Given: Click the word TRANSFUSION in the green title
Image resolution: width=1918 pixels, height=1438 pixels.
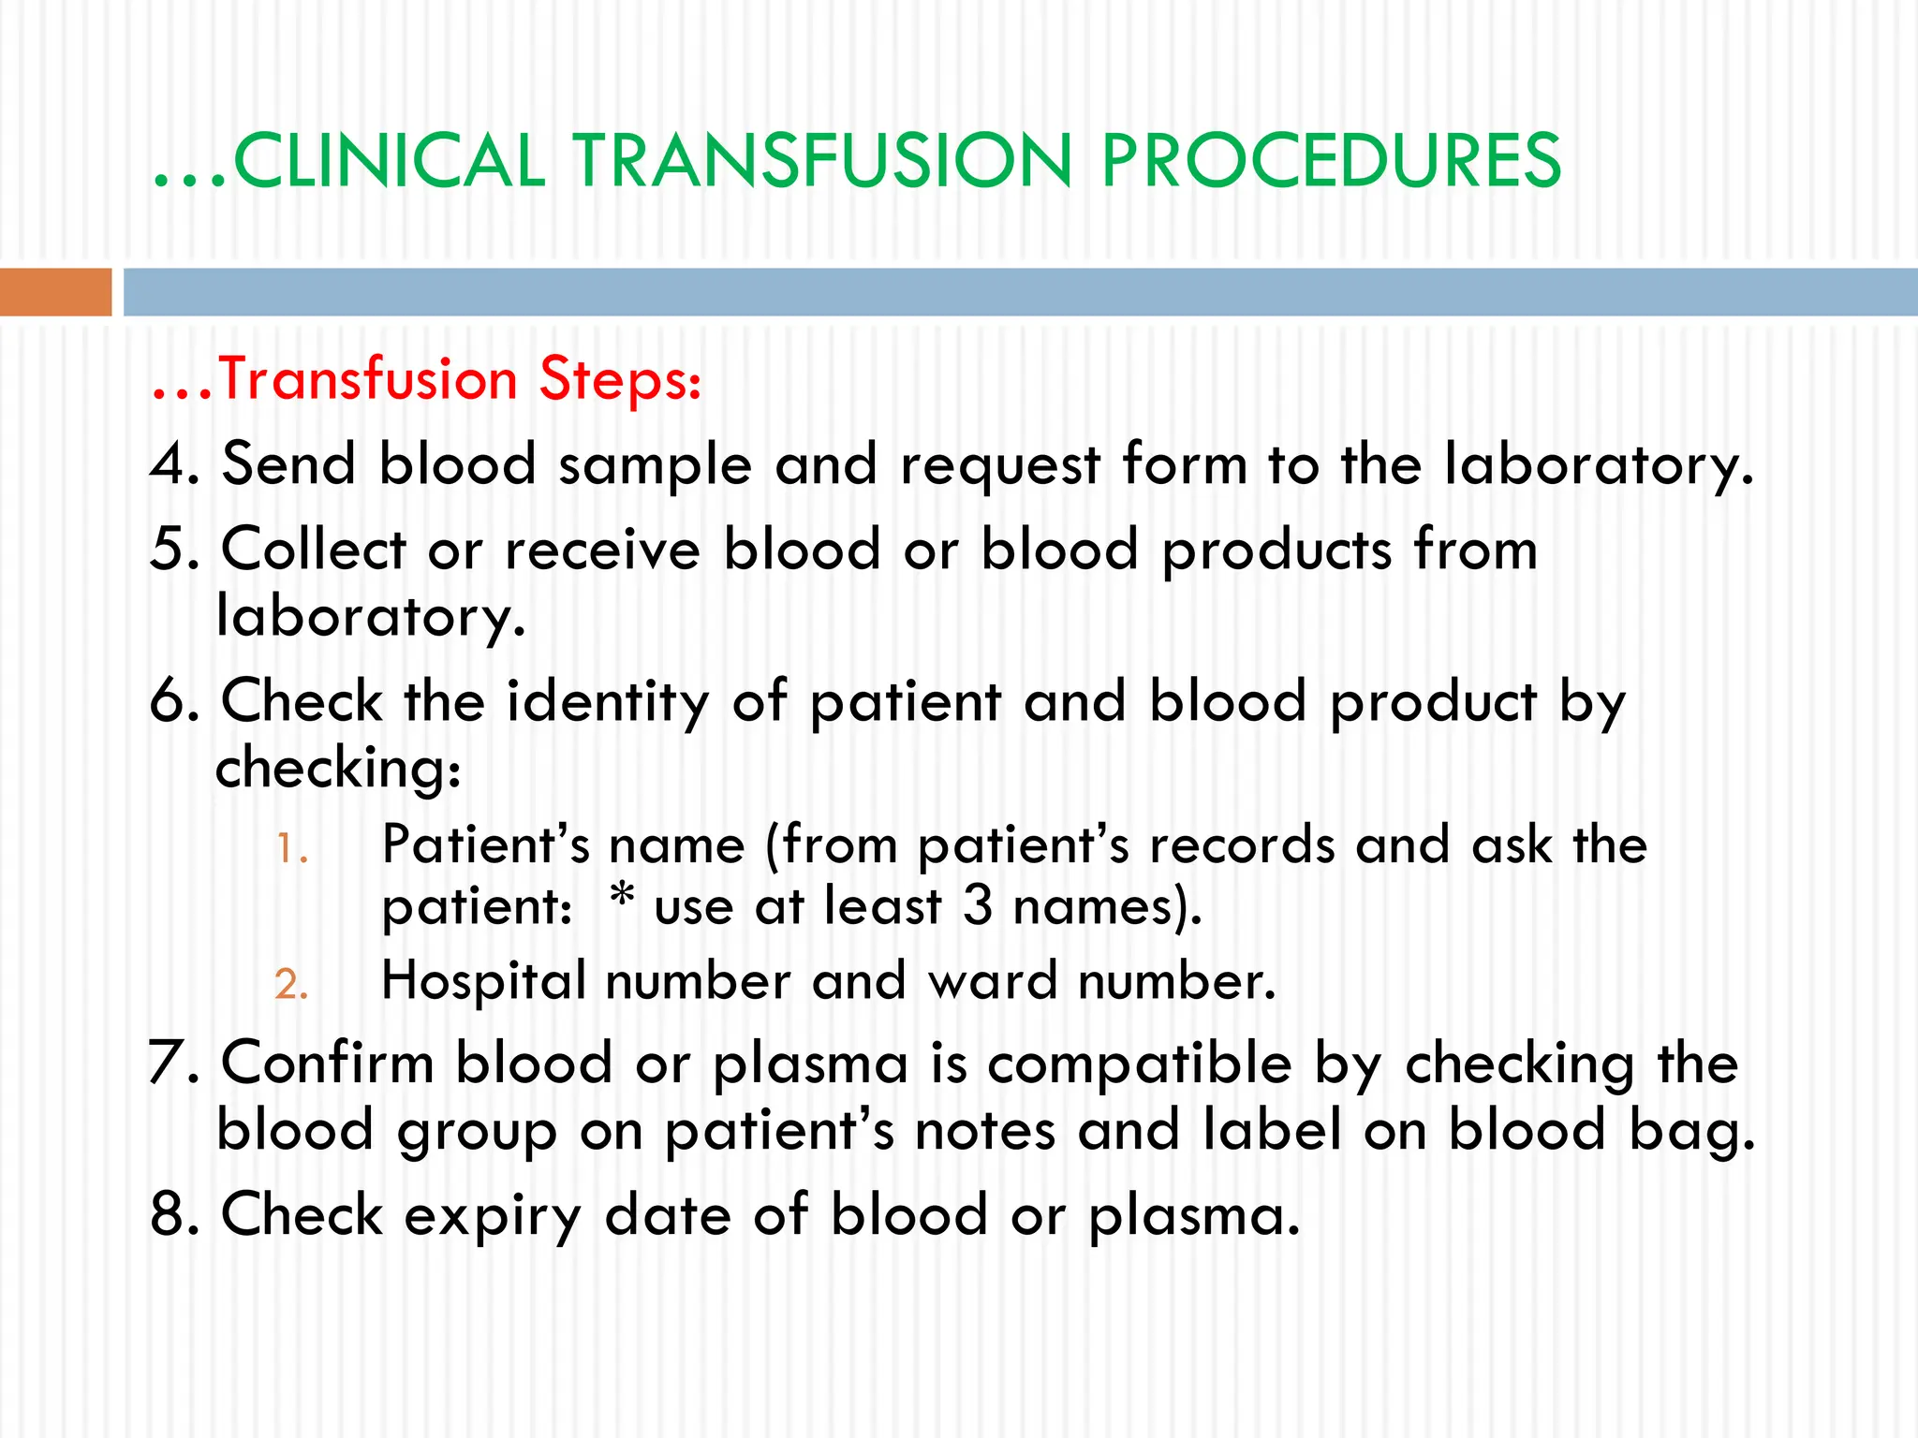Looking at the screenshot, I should [821, 161].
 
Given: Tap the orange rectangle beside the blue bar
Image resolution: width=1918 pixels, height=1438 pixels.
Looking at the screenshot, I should [55, 292].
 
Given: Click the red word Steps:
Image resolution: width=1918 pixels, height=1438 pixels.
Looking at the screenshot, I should [620, 379].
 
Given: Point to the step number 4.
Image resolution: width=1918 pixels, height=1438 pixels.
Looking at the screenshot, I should [169, 464].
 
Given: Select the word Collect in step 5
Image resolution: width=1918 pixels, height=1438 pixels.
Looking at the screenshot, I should [313, 550].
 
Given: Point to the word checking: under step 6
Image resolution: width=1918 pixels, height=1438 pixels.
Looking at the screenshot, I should [338, 770].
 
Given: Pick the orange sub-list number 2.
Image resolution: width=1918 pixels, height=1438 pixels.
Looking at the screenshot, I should [290, 985].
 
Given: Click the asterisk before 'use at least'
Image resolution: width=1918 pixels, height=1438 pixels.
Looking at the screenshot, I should [622, 899].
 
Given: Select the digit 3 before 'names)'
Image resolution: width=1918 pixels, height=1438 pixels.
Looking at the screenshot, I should [978, 906].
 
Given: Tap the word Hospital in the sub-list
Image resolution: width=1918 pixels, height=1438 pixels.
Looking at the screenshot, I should [483, 981].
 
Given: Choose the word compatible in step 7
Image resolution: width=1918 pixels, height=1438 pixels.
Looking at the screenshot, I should [1139, 1065].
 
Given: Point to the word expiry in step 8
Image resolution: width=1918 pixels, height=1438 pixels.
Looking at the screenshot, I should [493, 1217].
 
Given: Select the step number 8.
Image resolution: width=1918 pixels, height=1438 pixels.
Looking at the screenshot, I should [169, 1215].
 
